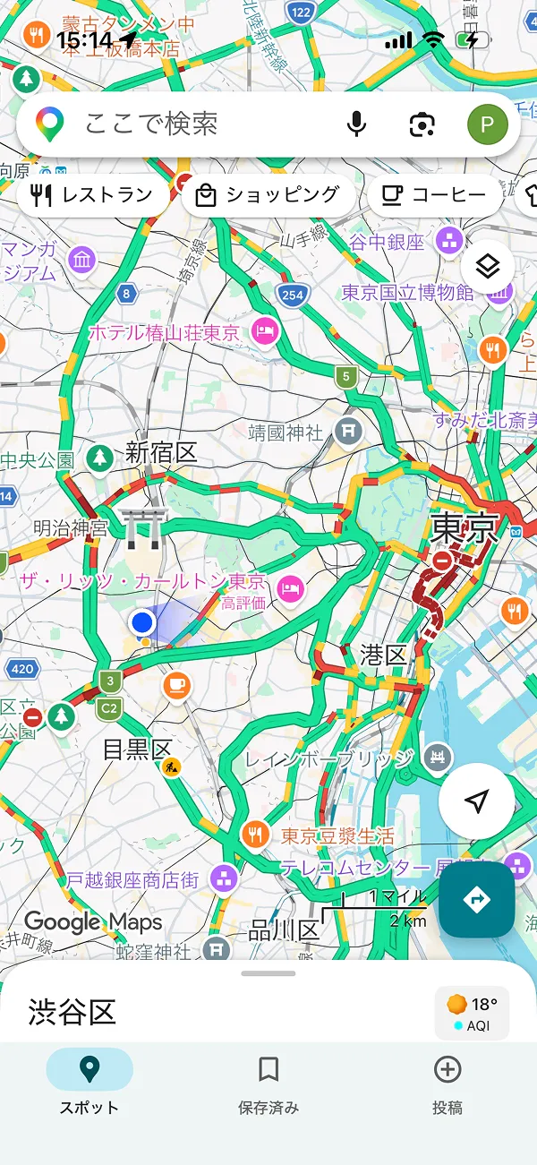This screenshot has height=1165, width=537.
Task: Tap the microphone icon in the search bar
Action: tap(356, 124)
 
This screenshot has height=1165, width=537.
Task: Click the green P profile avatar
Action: tap(487, 124)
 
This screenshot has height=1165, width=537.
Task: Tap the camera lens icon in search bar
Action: tap(422, 124)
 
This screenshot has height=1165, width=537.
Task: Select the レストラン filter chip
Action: tap(92, 195)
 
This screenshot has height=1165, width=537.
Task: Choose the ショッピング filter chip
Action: tap(268, 195)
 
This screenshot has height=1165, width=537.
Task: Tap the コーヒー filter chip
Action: tap(434, 195)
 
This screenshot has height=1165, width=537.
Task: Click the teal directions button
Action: tap(476, 899)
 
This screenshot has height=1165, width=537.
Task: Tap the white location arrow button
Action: tap(476, 801)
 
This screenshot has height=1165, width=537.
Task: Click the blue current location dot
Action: tap(141, 621)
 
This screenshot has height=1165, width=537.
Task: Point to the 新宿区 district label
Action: tap(161, 453)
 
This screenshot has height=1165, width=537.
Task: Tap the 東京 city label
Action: tap(464, 528)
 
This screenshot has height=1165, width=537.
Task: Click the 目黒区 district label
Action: tap(136, 749)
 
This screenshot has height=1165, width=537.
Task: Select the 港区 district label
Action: tap(384, 655)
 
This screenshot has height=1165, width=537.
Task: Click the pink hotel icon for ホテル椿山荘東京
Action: tap(266, 332)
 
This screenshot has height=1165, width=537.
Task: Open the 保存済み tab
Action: tap(268, 1082)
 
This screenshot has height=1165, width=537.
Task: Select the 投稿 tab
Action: tap(447, 1082)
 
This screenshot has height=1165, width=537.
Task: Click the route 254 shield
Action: tap(293, 294)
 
